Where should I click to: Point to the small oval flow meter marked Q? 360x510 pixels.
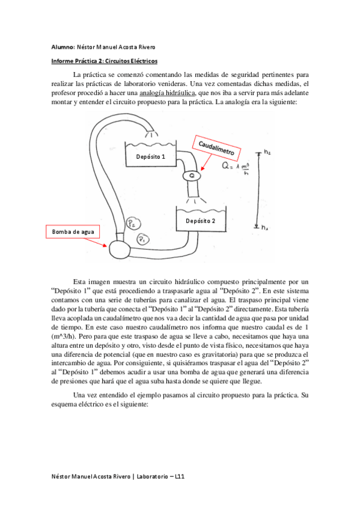[192, 175]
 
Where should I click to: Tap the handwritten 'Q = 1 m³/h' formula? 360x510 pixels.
[231, 170]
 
